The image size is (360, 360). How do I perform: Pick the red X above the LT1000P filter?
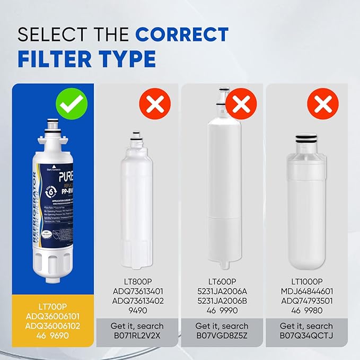322,104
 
